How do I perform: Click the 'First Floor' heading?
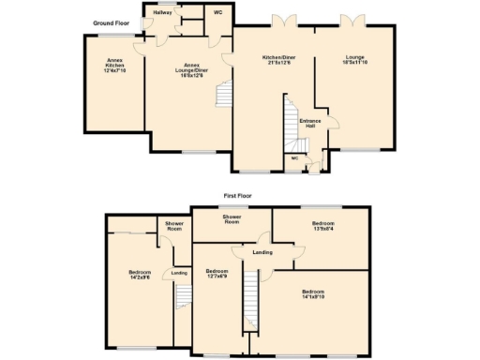coord(240,196)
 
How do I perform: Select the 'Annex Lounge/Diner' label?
coord(192,67)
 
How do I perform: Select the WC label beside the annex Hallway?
coord(217,13)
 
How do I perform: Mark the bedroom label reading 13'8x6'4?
coord(322,225)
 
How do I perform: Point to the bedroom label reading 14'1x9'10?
coord(314,294)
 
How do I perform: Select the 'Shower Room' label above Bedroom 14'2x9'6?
coord(174,226)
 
